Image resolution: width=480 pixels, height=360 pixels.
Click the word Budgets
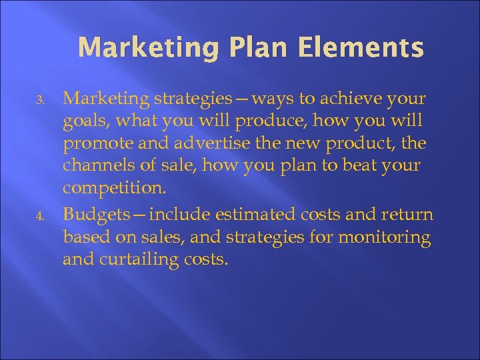coord(92,215)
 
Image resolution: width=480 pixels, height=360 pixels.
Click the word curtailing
coord(146,259)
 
